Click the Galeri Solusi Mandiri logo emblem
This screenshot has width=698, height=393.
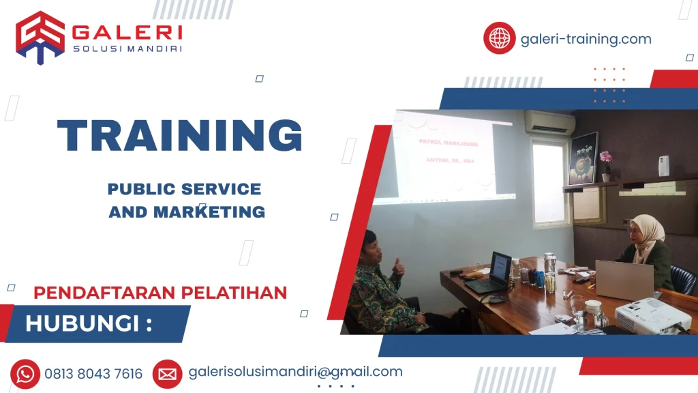40,37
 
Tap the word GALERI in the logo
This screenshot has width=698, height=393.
127,31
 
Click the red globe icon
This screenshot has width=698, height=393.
500,38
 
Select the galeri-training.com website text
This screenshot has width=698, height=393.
586,39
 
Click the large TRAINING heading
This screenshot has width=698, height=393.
180,135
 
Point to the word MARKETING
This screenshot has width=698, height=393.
209,212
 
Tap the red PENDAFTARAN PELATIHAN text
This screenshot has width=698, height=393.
160,293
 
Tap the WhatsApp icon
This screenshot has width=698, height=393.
25,374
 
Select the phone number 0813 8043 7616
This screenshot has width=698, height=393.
94,374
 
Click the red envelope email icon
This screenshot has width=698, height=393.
167,374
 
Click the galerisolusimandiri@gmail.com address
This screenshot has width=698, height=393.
295,372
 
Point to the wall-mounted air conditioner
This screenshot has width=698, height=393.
549,122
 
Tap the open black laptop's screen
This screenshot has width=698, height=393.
500,267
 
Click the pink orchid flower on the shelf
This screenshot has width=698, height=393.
605,158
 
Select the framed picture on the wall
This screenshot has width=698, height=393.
583,157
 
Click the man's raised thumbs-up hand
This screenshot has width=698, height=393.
399,266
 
